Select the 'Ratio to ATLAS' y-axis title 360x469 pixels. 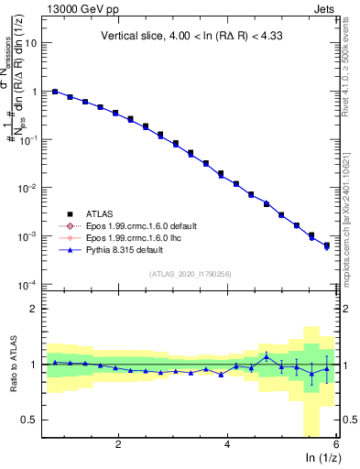click(x=12, y=365)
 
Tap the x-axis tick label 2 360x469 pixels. click(x=118, y=444)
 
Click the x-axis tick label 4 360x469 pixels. click(x=227, y=444)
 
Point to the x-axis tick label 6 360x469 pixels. click(x=336, y=444)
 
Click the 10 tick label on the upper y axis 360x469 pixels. click(x=30, y=43)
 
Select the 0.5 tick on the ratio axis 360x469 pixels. click(x=27, y=420)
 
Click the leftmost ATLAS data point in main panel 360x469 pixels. click(x=55, y=92)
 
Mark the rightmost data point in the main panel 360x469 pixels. click(x=327, y=245)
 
